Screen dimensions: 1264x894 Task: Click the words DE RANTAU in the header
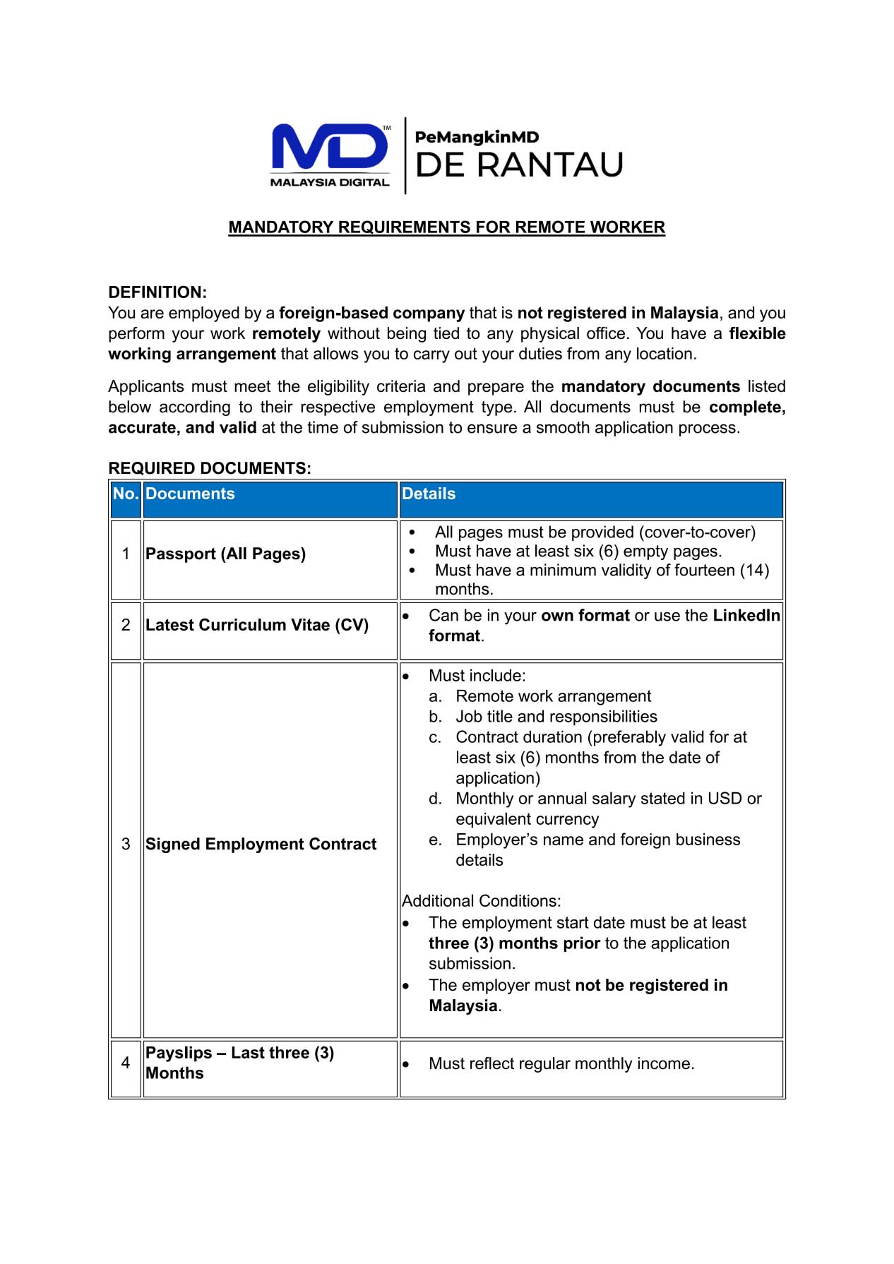[x=519, y=165]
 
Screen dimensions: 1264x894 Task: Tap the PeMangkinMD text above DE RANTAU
[x=477, y=137]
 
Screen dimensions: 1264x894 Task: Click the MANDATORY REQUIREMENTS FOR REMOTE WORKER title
[x=446, y=227]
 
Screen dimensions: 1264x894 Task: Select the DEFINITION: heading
[x=157, y=292]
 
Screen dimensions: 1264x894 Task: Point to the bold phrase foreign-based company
[x=371, y=313]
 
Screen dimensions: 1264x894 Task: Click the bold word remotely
[x=286, y=333]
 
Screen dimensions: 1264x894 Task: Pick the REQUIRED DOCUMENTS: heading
[x=210, y=468]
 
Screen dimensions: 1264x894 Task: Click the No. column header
[x=126, y=494]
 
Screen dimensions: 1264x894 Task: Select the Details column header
[x=429, y=494]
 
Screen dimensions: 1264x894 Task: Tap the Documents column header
[x=190, y=494]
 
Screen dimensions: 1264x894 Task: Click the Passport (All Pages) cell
[x=225, y=554]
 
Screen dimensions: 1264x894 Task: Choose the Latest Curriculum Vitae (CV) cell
[x=257, y=626]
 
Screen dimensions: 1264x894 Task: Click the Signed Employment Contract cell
[x=261, y=845]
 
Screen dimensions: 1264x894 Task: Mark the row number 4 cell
[x=126, y=1063]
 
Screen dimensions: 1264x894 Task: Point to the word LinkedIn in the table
[x=746, y=616]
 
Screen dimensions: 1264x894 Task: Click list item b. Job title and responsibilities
[x=556, y=717]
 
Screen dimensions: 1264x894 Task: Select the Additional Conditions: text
[x=482, y=902]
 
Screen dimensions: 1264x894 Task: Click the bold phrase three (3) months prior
[x=514, y=943]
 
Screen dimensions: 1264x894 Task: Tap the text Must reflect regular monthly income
[x=561, y=1064]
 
